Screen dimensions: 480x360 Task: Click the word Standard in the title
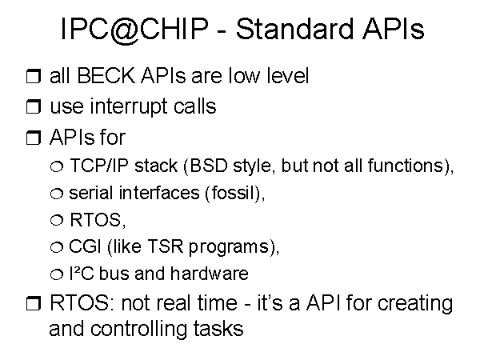pyautogui.click(x=294, y=29)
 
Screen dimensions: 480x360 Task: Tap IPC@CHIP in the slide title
pyautogui.click(x=134, y=30)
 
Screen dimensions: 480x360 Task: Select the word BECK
pyautogui.click(x=106, y=75)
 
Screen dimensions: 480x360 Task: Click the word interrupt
pyautogui.click(x=129, y=107)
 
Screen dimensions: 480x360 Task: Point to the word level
pyautogui.click(x=288, y=75)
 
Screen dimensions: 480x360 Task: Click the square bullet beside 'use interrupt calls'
pyautogui.click(x=34, y=106)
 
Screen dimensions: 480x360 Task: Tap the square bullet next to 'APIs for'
pyautogui.click(x=34, y=138)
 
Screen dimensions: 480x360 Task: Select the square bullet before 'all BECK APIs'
pyautogui.click(x=34, y=76)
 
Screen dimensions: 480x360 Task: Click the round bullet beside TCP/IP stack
pyautogui.click(x=57, y=166)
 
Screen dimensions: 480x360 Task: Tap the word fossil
pyautogui.click(x=234, y=193)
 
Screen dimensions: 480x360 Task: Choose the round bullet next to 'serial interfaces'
pyautogui.click(x=57, y=194)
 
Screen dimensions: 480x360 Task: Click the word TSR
pyautogui.click(x=166, y=246)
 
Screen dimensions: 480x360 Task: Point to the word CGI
pyautogui.click(x=85, y=246)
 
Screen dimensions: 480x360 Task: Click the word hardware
pyautogui.click(x=209, y=273)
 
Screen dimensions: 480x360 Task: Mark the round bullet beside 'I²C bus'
pyautogui.click(x=57, y=274)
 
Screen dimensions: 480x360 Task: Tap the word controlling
pyautogui.click(x=138, y=330)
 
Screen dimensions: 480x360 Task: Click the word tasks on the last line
pyautogui.click(x=218, y=329)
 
